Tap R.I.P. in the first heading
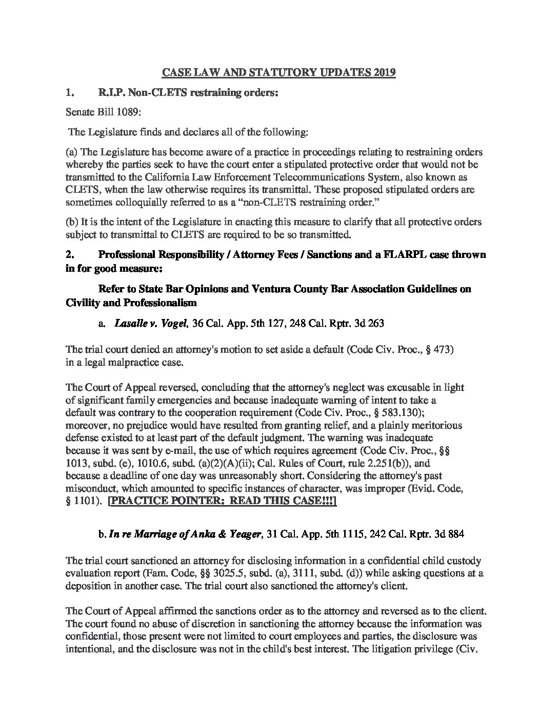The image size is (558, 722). [110, 93]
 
